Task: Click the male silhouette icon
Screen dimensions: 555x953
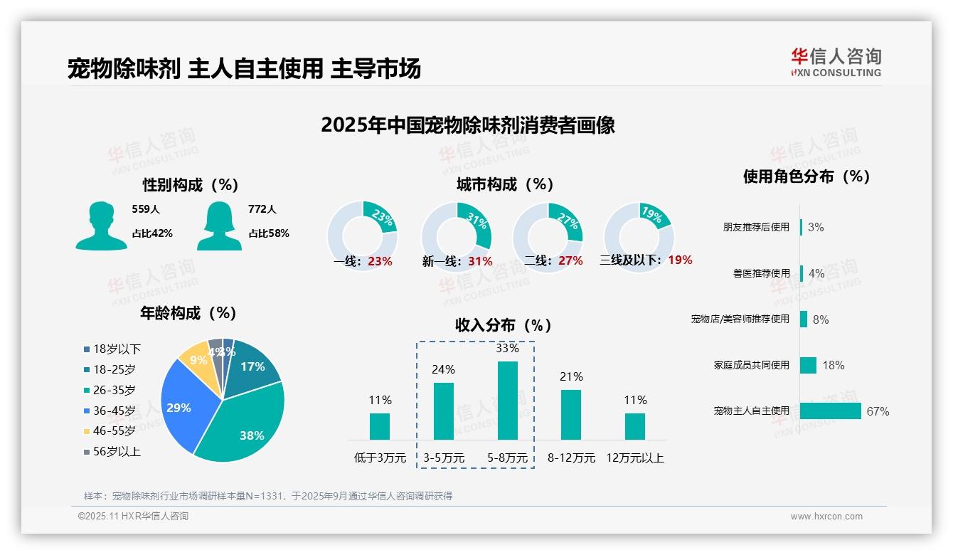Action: (x=101, y=226)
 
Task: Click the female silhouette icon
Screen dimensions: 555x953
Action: (x=219, y=226)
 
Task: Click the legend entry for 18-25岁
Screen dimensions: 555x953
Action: (x=114, y=369)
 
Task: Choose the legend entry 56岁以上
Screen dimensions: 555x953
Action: (x=117, y=451)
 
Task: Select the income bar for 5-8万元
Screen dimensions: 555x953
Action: (x=507, y=400)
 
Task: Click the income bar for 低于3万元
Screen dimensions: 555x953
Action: (x=380, y=426)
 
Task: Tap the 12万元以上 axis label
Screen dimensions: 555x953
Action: (x=634, y=458)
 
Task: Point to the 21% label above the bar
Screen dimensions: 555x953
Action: (x=571, y=376)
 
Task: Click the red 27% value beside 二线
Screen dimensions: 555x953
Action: (x=570, y=261)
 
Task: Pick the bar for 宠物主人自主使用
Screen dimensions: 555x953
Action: (x=830, y=411)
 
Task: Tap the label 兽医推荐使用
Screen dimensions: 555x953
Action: (x=761, y=273)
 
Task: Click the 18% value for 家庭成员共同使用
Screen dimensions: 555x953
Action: (x=833, y=365)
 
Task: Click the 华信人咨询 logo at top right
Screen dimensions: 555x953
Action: (x=836, y=63)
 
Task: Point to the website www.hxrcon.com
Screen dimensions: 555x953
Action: (x=826, y=517)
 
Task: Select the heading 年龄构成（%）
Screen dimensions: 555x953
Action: (x=188, y=313)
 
